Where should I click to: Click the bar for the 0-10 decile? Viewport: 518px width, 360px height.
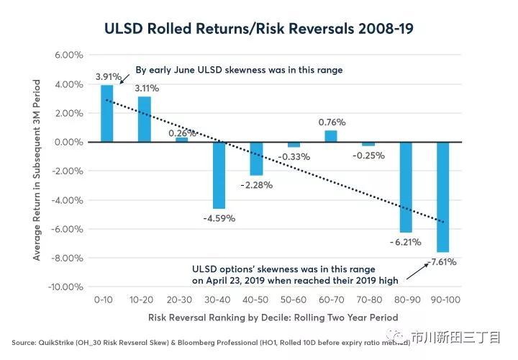click(x=106, y=114)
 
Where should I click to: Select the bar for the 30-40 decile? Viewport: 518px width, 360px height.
click(x=219, y=175)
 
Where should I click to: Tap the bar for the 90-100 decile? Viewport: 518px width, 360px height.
click(x=443, y=197)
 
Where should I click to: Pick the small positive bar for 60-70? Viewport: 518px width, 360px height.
click(x=331, y=136)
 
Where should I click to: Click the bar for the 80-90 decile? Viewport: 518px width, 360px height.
click(x=406, y=187)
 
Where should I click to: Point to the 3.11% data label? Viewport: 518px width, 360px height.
click(x=147, y=89)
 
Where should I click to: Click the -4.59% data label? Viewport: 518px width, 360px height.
click(x=219, y=218)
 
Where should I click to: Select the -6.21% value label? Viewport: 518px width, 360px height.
click(x=405, y=243)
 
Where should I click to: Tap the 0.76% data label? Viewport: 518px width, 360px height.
click(x=332, y=122)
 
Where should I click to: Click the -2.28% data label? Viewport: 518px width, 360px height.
click(x=257, y=185)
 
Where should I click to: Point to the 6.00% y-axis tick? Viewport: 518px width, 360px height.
click(x=69, y=55)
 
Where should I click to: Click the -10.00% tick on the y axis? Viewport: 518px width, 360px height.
click(x=65, y=287)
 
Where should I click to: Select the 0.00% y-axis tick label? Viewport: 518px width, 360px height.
click(x=69, y=142)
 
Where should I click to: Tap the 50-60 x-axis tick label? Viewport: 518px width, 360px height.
click(x=294, y=300)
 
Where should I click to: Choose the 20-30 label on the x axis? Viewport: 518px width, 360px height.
click(x=179, y=300)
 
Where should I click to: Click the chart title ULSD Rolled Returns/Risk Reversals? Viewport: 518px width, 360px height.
click(x=259, y=28)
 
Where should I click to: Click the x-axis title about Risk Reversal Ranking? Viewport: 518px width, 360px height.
click(x=273, y=318)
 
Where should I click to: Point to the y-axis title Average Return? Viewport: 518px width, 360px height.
click(x=37, y=170)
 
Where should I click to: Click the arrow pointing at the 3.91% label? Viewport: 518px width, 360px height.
click(x=124, y=79)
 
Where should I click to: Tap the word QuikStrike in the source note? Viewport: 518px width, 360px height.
click(x=56, y=343)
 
